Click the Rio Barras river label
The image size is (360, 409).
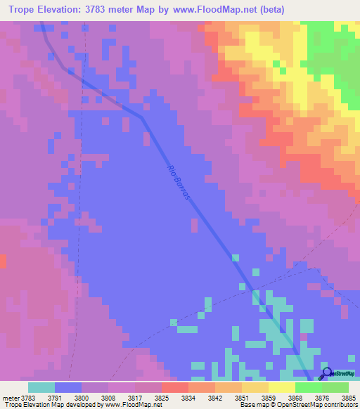tap(179, 183)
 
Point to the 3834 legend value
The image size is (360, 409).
tap(188, 398)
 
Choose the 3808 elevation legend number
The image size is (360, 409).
tap(108, 398)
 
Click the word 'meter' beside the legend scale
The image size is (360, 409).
tap(9, 398)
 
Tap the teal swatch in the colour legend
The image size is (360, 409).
tap(41, 387)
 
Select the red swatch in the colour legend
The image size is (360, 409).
tap(174, 387)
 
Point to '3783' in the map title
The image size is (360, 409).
tap(127, 9)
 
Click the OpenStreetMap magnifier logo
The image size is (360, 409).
tap(326, 374)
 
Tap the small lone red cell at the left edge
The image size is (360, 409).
tap(2, 261)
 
